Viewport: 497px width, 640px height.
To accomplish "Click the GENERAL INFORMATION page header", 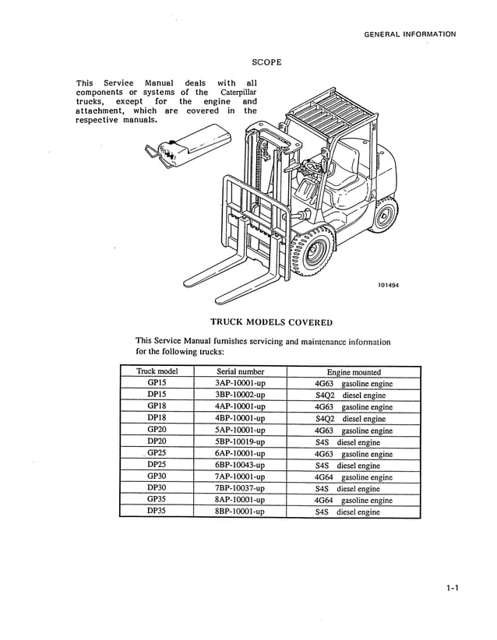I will pyautogui.click(x=410, y=34).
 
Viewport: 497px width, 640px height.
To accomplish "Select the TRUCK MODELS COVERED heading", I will pyautogui.click(x=271, y=322).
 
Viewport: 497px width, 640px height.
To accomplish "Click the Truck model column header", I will pyautogui.click(x=157, y=371).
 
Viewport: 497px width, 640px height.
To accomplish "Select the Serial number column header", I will pyautogui.click(x=240, y=371).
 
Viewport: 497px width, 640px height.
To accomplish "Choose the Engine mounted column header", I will pyautogui.click(x=354, y=372).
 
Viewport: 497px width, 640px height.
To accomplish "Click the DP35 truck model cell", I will pyautogui.click(x=157, y=512).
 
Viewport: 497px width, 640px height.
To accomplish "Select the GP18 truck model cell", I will pyautogui.click(x=157, y=406).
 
